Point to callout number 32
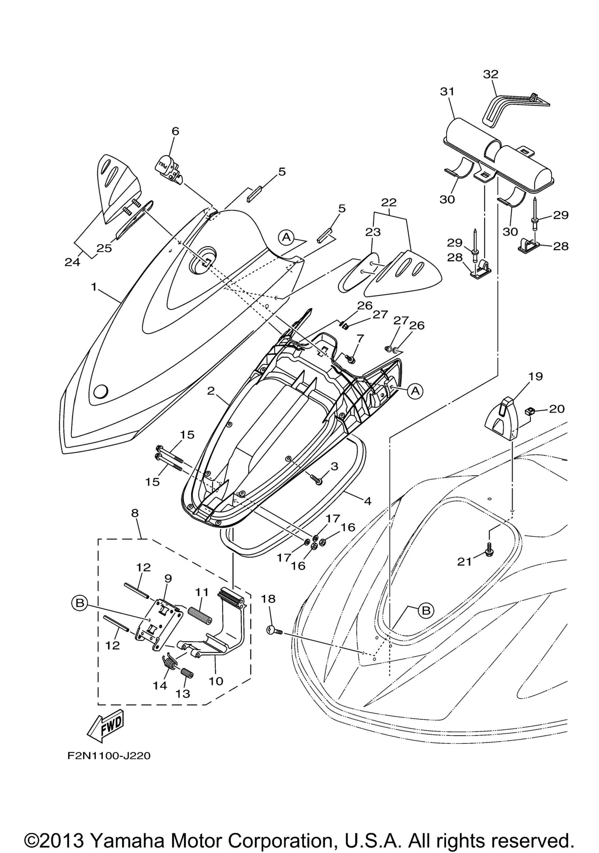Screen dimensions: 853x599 click(x=490, y=74)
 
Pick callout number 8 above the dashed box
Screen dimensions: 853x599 click(x=135, y=513)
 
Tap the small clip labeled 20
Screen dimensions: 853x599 click(x=530, y=410)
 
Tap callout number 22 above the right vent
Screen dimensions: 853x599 click(x=389, y=202)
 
